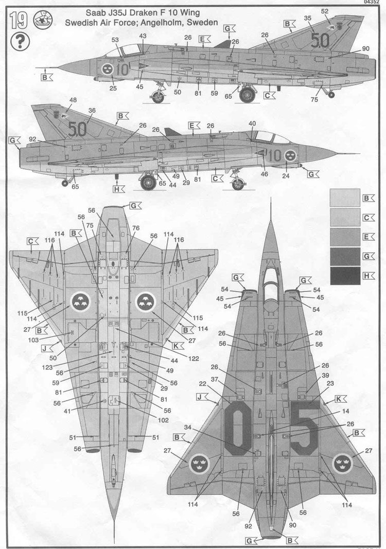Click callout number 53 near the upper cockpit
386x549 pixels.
pyautogui.click(x=115, y=40)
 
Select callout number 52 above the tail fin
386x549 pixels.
pyautogui.click(x=325, y=11)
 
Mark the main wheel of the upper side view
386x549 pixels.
pyautogui.click(x=249, y=94)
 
